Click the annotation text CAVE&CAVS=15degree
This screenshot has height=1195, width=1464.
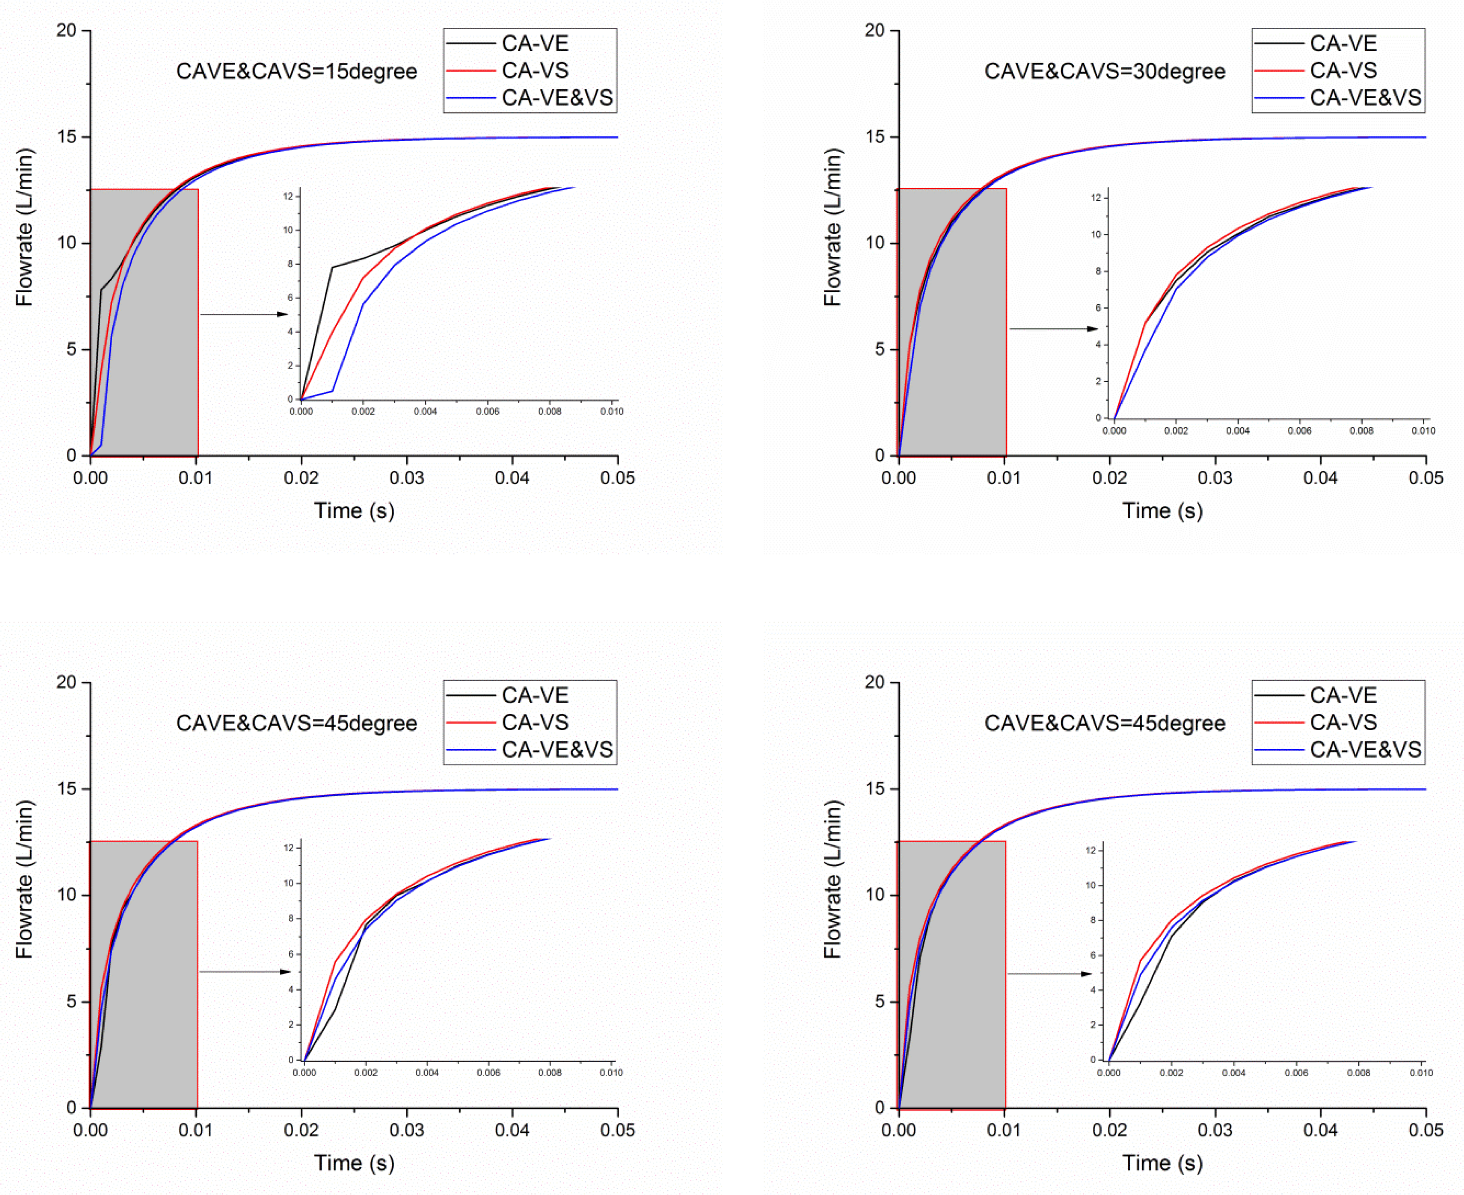[296, 72]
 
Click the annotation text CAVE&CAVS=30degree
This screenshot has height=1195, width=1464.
[1105, 72]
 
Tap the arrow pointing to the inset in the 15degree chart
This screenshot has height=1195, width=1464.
[244, 315]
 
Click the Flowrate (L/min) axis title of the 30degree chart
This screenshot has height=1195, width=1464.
[833, 227]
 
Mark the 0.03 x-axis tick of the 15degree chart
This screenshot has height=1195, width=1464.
[407, 478]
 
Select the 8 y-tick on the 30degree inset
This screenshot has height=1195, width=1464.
[1098, 271]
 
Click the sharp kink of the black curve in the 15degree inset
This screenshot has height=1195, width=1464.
[332, 268]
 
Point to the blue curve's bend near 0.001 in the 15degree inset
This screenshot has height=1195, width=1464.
[332, 391]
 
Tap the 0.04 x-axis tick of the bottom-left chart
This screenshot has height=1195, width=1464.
[512, 1130]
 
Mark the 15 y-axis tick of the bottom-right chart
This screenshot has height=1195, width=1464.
[874, 789]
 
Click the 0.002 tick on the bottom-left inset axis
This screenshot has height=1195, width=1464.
[365, 1072]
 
